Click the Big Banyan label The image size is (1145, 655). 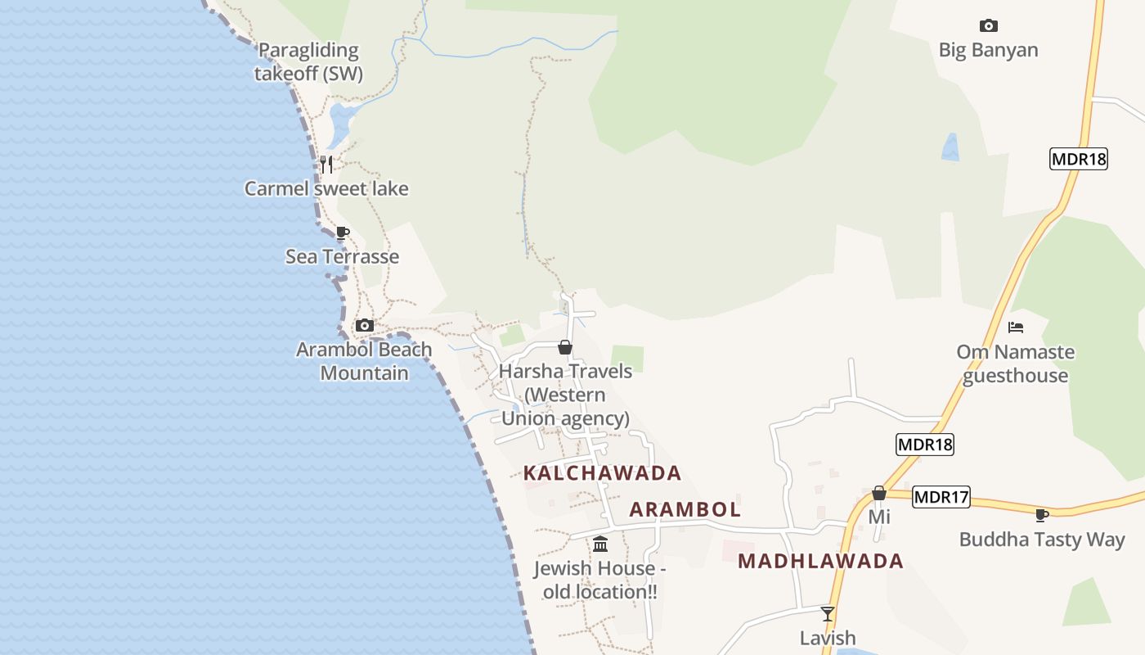pyautogui.click(x=988, y=50)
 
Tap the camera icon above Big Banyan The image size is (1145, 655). pyautogui.click(x=988, y=25)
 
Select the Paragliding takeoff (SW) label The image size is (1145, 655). pyautogui.click(x=308, y=61)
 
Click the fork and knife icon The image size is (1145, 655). pyautogui.click(x=326, y=164)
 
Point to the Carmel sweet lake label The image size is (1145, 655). pyautogui.click(x=326, y=188)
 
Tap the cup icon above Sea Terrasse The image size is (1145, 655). pyautogui.click(x=343, y=233)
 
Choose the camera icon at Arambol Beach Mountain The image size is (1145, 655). pyautogui.click(x=365, y=325)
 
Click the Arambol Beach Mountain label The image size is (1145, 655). pyautogui.click(x=364, y=361)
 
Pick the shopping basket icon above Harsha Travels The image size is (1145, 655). pyautogui.click(x=564, y=347)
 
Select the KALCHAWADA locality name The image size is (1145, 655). pyautogui.click(x=602, y=473)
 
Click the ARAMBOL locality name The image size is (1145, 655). pyautogui.click(x=685, y=509)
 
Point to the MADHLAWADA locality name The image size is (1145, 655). pyautogui.click(x=820, y=561)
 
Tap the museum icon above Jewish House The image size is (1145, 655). pyautogui.click(x=600, y=544)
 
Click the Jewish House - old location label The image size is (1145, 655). pyautogui.click(x=599, y=580)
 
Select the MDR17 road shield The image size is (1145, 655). pyautogui.click(x=941, y=496)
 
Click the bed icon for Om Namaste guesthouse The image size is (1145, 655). pyautogui.click(x=1016, y=327)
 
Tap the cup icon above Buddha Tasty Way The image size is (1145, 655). pyautogui.click(x=1041, y=515)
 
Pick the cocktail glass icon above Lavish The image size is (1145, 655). pyautogui.click(x=828, y=613)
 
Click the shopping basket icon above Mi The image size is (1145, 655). pyautogui.click(x=879, y=493)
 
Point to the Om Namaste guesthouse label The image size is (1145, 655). pyautogui.click(x=1015, y=364)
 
